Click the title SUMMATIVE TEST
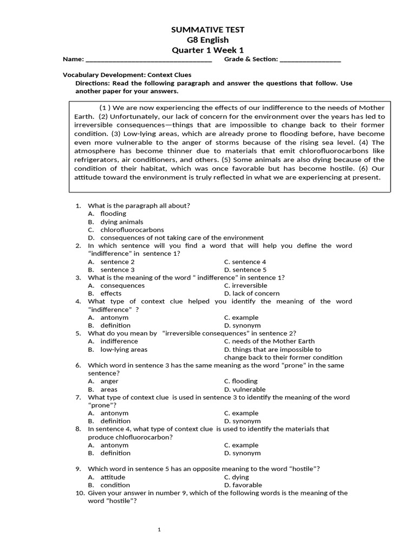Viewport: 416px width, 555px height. [x=207, y=29]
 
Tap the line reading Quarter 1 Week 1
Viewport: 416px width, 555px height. [x=207, y=50]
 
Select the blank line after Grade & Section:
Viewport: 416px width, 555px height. [x=310, y=60]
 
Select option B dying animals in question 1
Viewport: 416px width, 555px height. [x=115, y=222]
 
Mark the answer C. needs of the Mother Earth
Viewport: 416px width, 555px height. [x=269, y=341]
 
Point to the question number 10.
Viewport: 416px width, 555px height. [x=79, y=493]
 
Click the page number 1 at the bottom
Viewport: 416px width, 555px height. [x=159, y=530]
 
